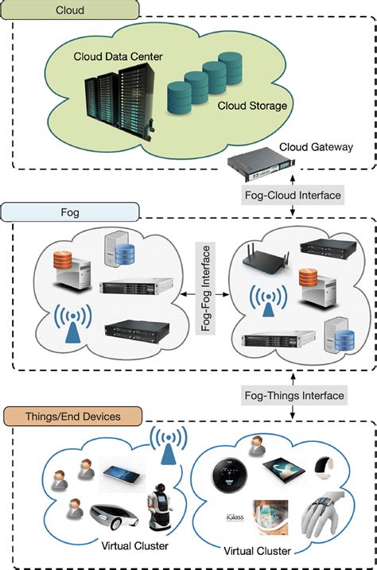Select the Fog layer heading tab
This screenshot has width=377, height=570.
[x=71, y=212]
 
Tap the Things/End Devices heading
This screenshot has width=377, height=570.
[x=73, y=415]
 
